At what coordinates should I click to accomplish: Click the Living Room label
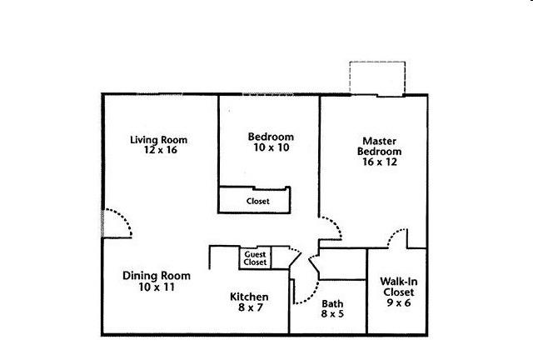159,140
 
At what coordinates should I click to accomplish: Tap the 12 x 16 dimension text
161,150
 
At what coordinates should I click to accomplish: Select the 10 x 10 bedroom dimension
271,147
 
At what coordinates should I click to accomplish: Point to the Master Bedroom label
380,147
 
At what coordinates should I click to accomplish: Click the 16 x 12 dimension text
380,162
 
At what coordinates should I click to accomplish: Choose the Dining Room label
157,276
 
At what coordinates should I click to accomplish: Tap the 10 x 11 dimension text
157,287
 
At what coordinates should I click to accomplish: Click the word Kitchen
249,297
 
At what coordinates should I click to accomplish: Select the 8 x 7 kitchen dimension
251,307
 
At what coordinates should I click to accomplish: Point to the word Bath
332,303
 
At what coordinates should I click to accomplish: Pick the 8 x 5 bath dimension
332,313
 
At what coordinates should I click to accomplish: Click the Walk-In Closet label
399,287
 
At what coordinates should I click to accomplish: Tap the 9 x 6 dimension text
399,302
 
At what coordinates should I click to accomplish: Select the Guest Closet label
255,258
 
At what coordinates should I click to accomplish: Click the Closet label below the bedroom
258,201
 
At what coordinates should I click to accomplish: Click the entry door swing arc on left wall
123,217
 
